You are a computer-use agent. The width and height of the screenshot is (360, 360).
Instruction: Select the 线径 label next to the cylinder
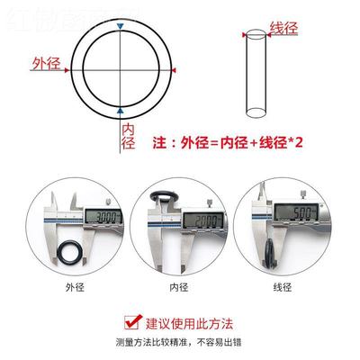click(283, 29)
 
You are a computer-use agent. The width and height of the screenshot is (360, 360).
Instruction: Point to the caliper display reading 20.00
click(200, 220)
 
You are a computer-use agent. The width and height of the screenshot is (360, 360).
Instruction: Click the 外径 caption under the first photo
click(74, 287)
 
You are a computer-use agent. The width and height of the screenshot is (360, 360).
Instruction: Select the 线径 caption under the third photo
click(282, 287)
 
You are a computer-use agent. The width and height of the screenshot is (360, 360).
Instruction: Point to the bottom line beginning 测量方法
click(180, 342)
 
